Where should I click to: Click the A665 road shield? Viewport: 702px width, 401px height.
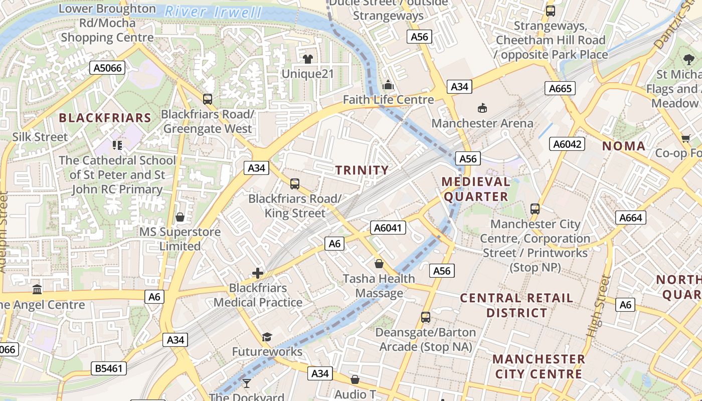[x=560, y=89]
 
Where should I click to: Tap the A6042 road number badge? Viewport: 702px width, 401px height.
[x=568, y=144]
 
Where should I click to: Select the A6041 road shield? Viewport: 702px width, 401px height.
[x=388, y=228]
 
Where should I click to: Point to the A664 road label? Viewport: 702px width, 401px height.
[x=630, y=218]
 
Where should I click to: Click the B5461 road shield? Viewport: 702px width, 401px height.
[x=109, y=369]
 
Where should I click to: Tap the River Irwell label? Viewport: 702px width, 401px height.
[x=213, y=12]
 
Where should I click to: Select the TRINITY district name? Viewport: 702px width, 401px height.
[x=362, y=170]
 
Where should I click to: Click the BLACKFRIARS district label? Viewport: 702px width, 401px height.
[x=105, y=118]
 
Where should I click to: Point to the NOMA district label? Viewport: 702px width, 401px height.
[x=624, y=146]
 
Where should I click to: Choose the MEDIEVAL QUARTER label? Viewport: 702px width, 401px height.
[x=476, y=189]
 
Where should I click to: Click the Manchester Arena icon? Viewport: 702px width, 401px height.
[x=482, y=108]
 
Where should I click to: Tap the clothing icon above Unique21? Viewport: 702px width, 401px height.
[x=307, y=59]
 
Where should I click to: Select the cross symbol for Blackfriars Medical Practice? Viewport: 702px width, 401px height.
[x=258, y=273]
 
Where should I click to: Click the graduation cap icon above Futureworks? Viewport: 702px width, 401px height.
[x=267, y=337]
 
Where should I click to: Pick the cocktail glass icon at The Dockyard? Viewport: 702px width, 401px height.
[x=246, y=383]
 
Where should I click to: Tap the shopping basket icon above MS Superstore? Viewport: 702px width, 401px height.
[x=180, y=217]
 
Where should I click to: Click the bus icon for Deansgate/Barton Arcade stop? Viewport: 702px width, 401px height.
[x=426, y=317]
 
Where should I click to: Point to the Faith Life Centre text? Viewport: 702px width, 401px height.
[x=388, y=100]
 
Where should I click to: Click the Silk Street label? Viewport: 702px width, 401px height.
[x=40, y=137]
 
